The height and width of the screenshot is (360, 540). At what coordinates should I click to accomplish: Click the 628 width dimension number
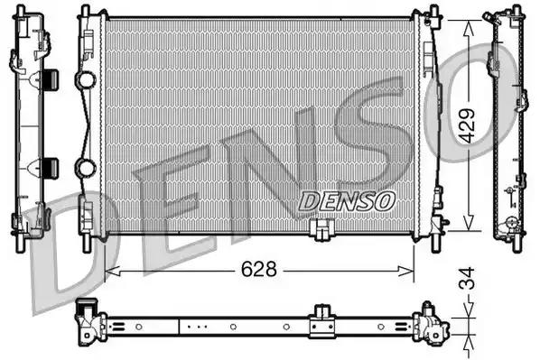(258, 269)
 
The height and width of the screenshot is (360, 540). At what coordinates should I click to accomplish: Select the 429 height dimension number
(468, 125)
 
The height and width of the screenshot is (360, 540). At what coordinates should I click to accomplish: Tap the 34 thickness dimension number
(467, 278)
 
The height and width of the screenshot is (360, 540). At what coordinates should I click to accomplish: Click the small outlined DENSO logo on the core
(347, 201)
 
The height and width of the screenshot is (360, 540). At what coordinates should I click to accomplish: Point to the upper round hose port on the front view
(85, 79)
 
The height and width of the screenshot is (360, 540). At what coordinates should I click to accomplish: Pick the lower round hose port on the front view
(85, 168)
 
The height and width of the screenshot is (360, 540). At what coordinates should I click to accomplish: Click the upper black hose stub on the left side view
(51, 79)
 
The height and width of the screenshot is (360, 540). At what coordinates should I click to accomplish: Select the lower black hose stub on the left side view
(51, 168)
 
